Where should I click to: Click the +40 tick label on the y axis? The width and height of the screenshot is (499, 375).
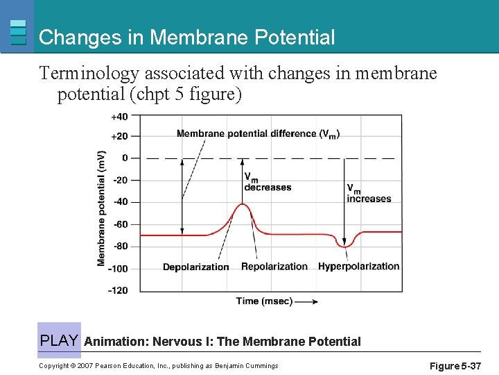119,116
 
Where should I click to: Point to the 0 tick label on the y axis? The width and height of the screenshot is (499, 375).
125,158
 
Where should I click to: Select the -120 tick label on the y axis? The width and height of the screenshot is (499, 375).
118,290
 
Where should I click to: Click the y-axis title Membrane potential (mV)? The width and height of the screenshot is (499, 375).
102,208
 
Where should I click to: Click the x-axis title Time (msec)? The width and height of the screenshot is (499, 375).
264,301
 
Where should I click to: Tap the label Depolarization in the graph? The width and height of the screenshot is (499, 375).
195,267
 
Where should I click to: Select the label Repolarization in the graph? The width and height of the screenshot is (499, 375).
274,267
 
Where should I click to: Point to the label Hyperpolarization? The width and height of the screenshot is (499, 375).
358,267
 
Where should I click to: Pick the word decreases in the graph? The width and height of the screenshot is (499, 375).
268,187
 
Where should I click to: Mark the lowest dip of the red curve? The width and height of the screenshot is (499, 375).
344,246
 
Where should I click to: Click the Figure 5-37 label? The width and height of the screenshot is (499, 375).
455,366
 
